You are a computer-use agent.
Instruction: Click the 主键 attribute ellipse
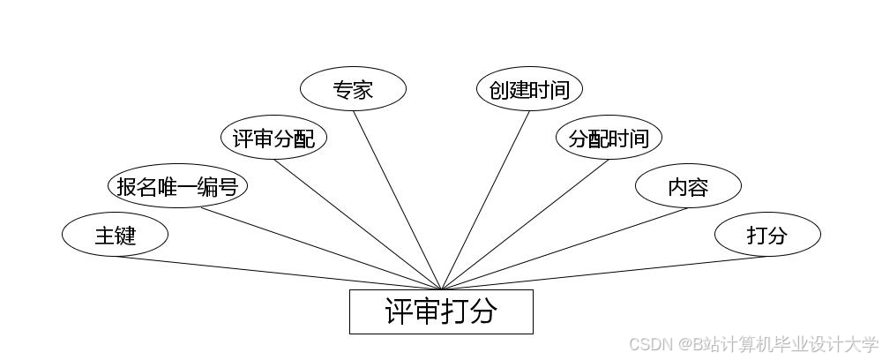(x=115, y=235)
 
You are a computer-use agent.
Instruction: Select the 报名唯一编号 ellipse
(x=177, y=186)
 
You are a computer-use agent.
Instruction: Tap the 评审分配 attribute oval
(x=273, y=138)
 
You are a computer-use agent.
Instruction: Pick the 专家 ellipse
(x=353, y=89)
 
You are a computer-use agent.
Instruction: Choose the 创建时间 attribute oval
(x=529, y=89)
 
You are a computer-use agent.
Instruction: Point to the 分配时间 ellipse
(x=609, y=138)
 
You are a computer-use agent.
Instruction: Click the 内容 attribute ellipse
(x=688, y=186)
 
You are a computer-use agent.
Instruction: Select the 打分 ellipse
(x=767, y=235)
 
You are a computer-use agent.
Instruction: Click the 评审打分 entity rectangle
(x=441, y=311)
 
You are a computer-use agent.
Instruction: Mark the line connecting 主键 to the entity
(x=278, y=273)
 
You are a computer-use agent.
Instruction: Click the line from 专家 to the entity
(x=397, y=200)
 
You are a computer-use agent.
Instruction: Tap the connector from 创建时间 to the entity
(x=485, y=200)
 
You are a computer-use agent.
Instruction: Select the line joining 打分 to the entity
(x=604, y=273)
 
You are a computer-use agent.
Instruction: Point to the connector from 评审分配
(x=357, y=224)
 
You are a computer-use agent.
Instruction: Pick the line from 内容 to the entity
(x=564, y=249)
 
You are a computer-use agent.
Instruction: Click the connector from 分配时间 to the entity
(x=525, y=224)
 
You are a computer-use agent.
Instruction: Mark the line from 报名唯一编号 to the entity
(x=322, y=249)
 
